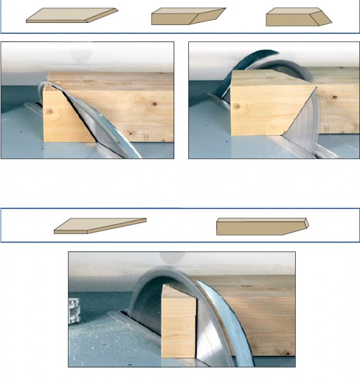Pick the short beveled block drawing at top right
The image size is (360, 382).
(x=298, y=18)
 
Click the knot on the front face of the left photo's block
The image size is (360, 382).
(x=53, y=112)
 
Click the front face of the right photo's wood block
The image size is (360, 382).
(x=258, y=111)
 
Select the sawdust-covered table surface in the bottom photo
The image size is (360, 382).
(x=95, y=344)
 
